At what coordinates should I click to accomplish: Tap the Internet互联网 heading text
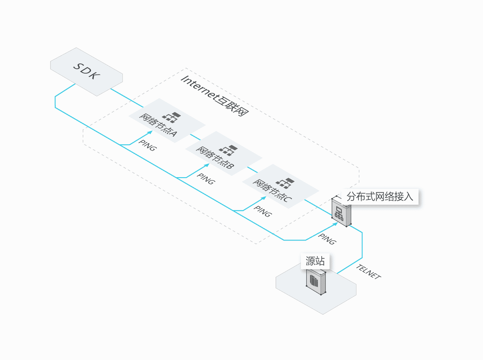pyautogui.click(x=214, y=96)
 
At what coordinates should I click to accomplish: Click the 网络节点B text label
pyautogui.click(x=215, y=158)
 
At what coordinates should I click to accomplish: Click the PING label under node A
pyautogui.click(x=147, y=146)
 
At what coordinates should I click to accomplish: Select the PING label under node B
pyautogui.click(x=206, y=179)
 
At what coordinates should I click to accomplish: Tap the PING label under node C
pyautogui.click(x=263, y=211)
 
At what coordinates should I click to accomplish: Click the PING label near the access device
pyautogui.click(x=327, y=239)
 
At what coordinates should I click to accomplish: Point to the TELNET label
pyautogui.click(x=368, y=272)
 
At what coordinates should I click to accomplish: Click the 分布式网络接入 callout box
pyautogui.click(x=380, y=196)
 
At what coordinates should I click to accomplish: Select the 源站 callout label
pyautogui.click(x=315, y=261)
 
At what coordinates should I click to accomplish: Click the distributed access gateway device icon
pyautogui.click(x=341, y=212)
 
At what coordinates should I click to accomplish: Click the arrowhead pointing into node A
pyautogui.click(x=151, y=132)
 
